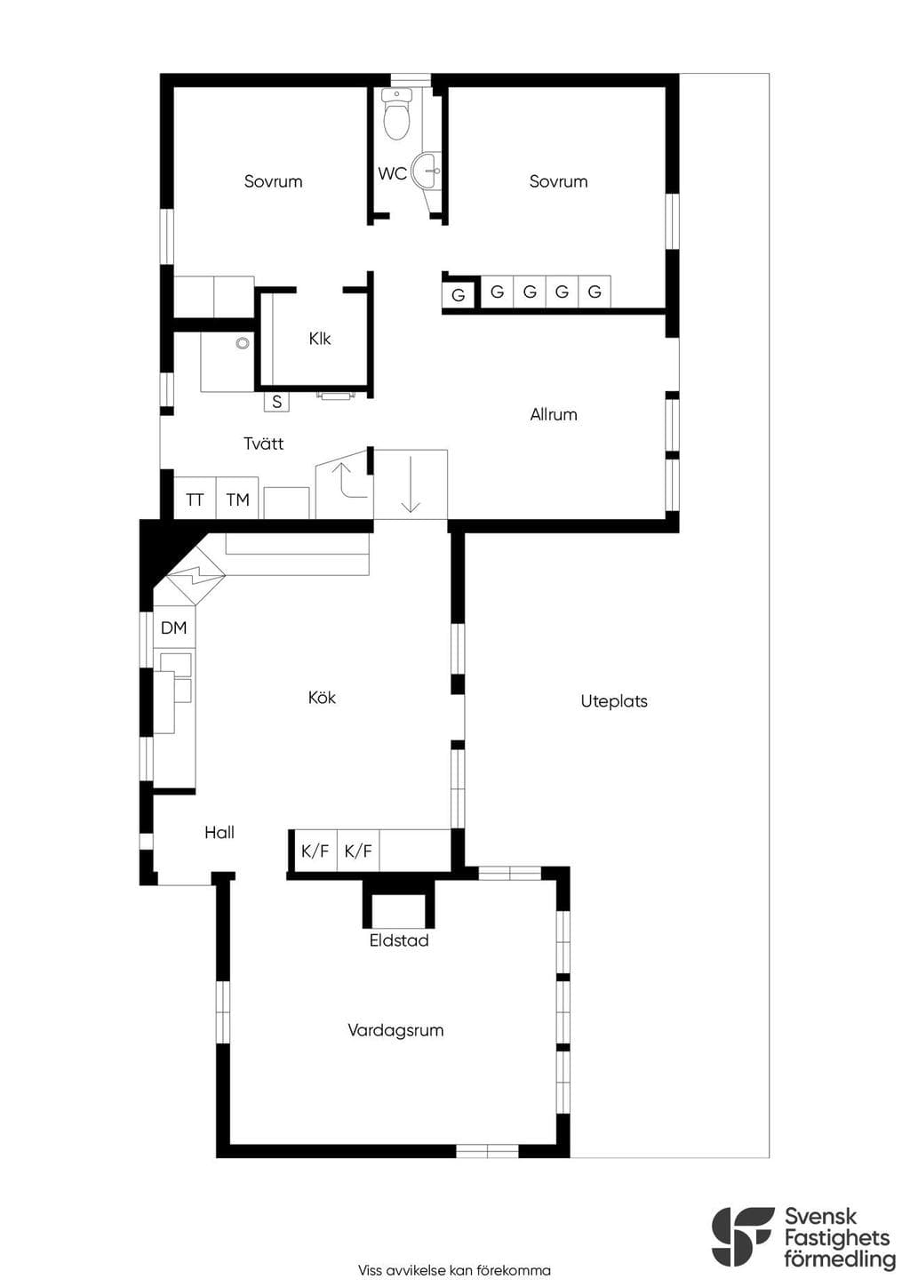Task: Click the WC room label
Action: coord(393,173)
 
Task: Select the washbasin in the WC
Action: coord(427,170)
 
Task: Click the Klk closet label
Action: coord(320,339)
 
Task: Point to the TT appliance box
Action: coord(195,498)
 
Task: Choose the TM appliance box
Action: coord(237,498)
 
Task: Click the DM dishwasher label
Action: coord(174,628)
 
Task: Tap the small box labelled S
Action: coord(277,402)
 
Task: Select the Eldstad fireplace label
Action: coord(399,940)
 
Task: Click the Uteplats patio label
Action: coord(614,701)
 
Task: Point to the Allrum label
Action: coord(554,414)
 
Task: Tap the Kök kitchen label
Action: coord(322,698)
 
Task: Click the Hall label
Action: coord(220,833)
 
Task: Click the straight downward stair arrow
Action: coord(411,484)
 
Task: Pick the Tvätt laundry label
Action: coord(264,444)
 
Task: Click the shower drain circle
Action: coord(243,343)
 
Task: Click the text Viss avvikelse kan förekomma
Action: coord(454,1270)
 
